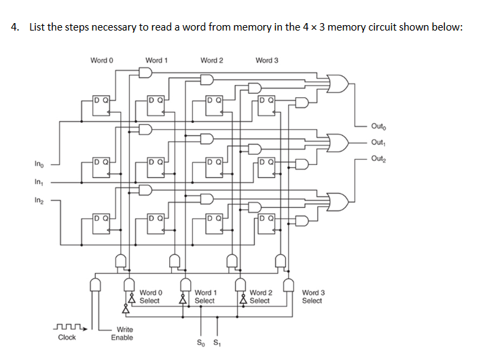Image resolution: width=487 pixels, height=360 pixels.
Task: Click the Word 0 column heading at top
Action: pyautogui.click(x=101, y=60)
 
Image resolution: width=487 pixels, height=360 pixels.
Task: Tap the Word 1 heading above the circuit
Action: pyautogui.click(x=156, y=60)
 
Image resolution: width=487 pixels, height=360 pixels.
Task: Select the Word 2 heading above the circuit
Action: pyautogui.click(x=211, y=60)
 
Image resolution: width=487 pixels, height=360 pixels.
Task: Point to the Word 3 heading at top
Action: pyautogui.click(x=267, y=60)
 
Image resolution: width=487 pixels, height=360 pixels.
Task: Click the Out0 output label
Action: pyautogui.click(x=379, y=126)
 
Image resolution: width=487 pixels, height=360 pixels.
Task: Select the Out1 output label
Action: pyautogui.click(x=379, y=142)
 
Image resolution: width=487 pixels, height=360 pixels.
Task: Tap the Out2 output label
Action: pyautogui.click(x=379, y=158)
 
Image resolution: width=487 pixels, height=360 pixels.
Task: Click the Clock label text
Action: pyautogui.click(x=67, y=338)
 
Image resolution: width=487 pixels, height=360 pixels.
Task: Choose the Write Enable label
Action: pyautogui.click(x=122, y=334)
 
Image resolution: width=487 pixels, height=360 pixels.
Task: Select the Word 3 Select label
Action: pyautogui.click(x=312, y=297)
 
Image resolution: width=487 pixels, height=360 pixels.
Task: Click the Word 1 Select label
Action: pyautogui.click(x=204, y=297)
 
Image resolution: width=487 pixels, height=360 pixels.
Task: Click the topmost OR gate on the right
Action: pyautogui.click(x=338, y=84)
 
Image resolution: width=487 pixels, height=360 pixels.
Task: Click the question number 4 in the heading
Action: pyautogui.click(x=14, y=27)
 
